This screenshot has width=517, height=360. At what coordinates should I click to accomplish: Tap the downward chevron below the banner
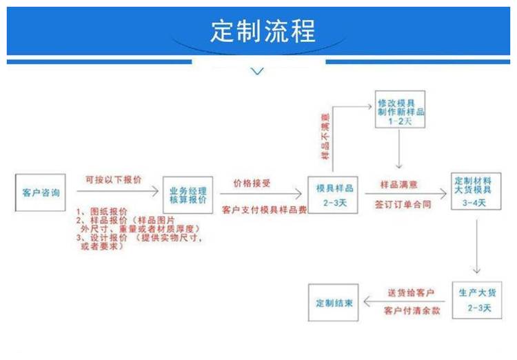258,70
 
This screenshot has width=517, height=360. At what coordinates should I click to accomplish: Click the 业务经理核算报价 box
188,194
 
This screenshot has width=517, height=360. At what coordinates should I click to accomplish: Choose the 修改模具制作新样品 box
400,110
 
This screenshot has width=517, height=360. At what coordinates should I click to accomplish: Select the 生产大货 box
474,299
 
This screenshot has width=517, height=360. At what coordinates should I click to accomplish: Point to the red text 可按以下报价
113,179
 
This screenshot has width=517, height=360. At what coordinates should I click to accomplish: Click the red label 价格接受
252,184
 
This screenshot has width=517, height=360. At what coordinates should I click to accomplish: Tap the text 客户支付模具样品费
264,208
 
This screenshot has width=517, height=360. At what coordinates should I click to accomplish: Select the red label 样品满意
398,185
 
